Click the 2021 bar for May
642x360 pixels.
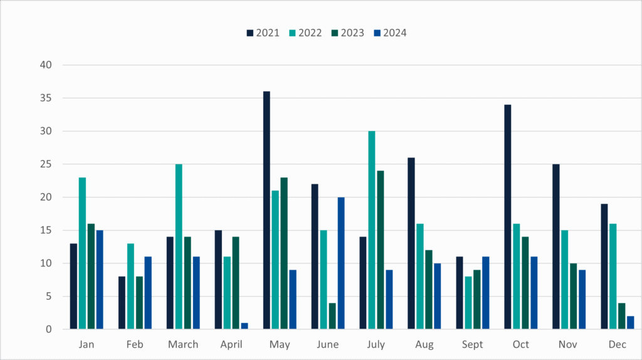266,210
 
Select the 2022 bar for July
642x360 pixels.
372,230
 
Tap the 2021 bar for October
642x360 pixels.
508,217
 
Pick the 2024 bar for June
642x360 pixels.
341,263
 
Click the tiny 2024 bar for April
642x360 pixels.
245,326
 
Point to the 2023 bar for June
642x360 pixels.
332,316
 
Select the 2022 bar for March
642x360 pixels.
179,246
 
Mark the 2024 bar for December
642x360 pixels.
630,322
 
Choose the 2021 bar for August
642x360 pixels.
411,243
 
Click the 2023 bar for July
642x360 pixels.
380,250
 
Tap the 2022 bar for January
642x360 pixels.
82,253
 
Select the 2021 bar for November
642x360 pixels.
555,246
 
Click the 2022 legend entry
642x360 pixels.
305,33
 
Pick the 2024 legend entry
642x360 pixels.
390,33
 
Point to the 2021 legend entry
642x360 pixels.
263,33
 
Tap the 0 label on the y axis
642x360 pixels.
48,329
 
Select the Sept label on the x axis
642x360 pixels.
473,344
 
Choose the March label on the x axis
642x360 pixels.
183,344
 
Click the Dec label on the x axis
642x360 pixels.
617,344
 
